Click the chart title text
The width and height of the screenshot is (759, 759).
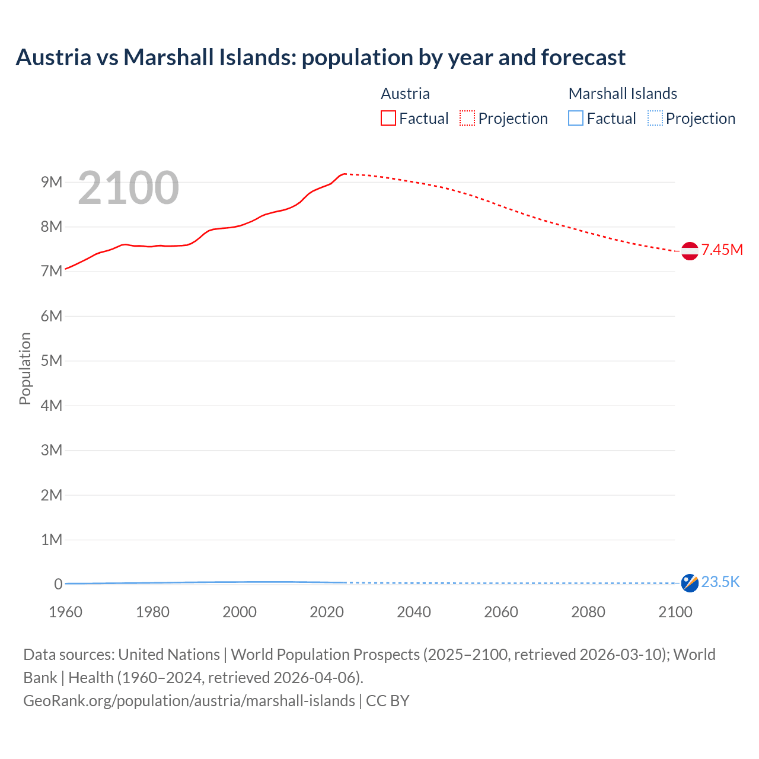tap(320, 58)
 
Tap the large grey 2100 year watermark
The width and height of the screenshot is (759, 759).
tap(128, 188)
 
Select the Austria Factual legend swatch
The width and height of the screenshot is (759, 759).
tap(388, 119)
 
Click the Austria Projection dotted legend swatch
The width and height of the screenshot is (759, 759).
tap(467, 119)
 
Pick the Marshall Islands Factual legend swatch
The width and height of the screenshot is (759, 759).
tap(576, 119)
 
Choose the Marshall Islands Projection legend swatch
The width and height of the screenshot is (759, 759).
tap(655, 119)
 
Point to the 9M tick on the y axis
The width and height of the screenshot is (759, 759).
tap(52, 182)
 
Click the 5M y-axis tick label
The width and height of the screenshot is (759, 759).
tap(52, 361)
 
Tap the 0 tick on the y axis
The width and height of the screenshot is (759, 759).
tap(58, 584)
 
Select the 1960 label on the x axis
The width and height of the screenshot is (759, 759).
tap(65, 612)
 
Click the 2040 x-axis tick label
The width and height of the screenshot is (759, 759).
tap(414, 612)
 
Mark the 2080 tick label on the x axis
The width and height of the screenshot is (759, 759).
tap(588, 612)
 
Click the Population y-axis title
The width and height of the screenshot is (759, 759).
tap(25, 368)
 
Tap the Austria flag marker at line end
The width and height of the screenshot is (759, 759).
tap(690, 251)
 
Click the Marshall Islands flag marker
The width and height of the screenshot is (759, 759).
tap(690, 583)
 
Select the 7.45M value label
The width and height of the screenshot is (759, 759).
tap(722, 250)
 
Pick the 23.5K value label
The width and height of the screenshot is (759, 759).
tap(720, 582)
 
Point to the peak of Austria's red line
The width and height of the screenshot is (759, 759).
tap(345, 174)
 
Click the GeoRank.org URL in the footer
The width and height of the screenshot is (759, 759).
tap(189, 701)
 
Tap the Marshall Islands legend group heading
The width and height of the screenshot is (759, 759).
tap(623, 94)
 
